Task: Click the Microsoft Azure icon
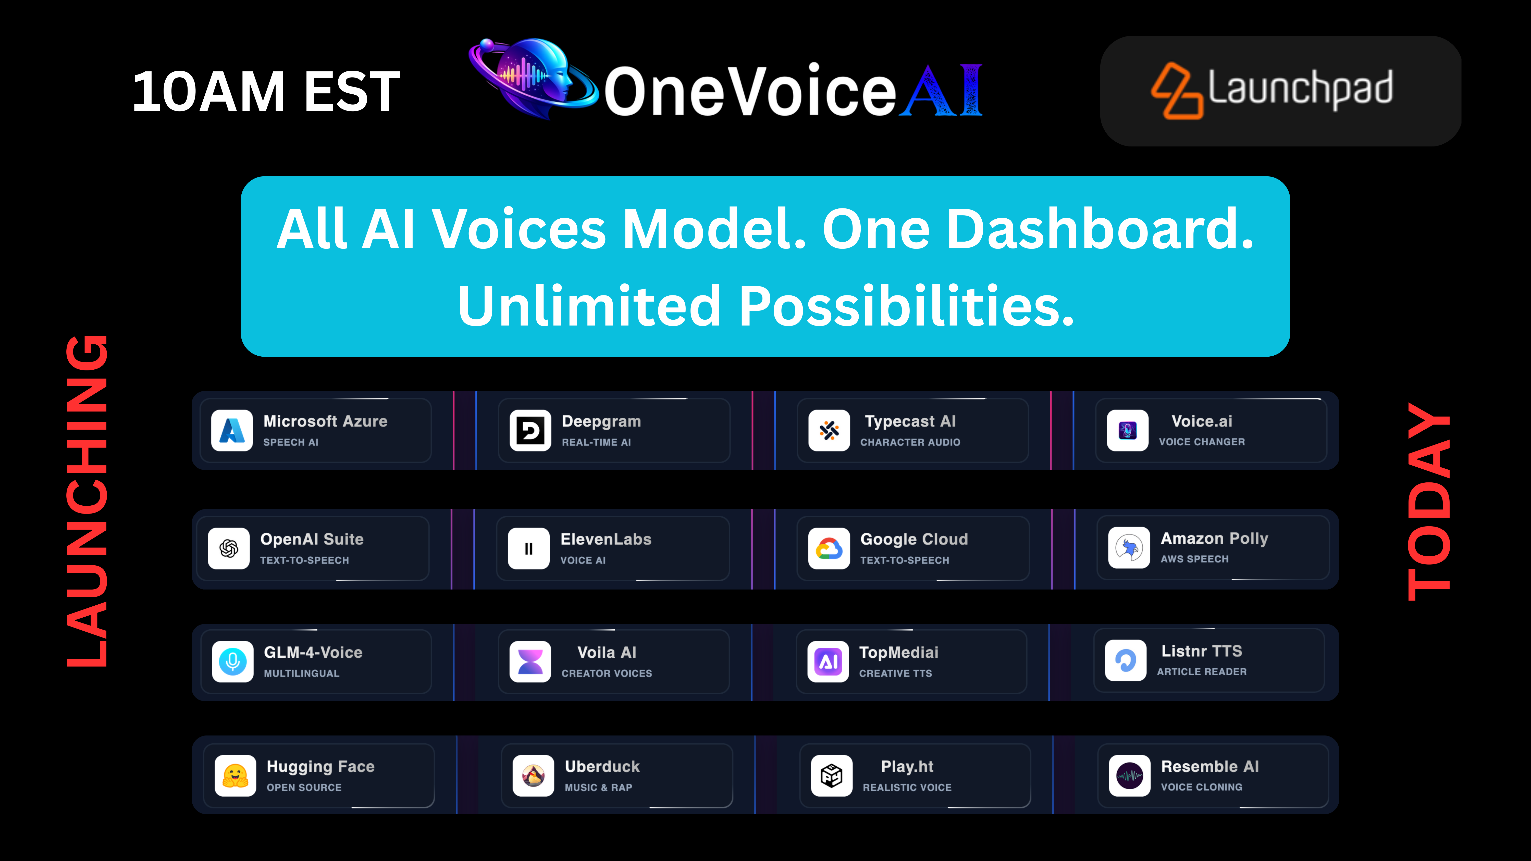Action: click(x=232, y=430)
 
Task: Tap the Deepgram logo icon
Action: click(x=530, y=430)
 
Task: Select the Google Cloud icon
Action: click(x=829, y=548)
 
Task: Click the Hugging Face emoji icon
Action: click(x=235, y=776)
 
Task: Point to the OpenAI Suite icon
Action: click(x=229, y=548)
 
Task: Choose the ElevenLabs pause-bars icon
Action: click(x=528, y=548)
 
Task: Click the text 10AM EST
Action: click(x=266, y=91)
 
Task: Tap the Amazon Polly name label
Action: click(x=1214, y=538)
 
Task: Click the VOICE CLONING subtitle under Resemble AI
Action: click(x=1202, y=787)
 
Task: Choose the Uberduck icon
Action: click(x=533, y=776)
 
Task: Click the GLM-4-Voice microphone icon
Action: click(x=232, y=661)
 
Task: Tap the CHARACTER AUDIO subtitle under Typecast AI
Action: click(x=910, y=442)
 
